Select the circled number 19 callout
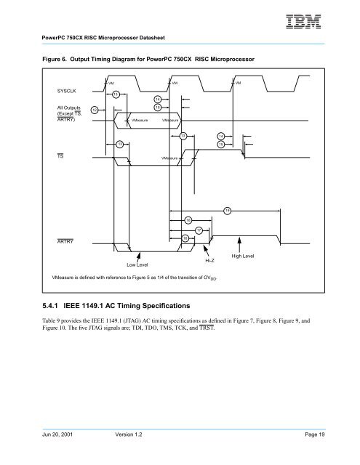pyautogui.click(x=228, y=210)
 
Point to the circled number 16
pyautogui.click(x=188, y=219)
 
